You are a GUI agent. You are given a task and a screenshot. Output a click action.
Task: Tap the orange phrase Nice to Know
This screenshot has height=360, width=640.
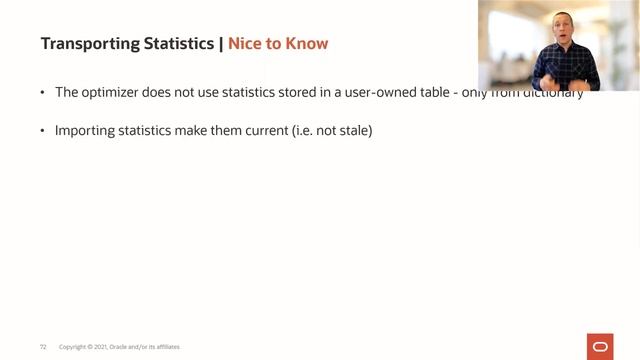point(278,44)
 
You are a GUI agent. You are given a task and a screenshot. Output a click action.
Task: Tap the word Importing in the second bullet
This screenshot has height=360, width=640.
point(83,131)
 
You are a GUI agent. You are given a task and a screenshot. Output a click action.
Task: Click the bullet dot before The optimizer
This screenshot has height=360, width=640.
point(43,93)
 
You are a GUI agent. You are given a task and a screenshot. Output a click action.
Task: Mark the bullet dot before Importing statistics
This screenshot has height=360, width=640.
point(43,131)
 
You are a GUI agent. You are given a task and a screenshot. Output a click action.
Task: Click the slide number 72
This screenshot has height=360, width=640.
point(43,347)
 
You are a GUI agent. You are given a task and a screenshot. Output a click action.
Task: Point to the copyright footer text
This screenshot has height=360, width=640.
point(119,347)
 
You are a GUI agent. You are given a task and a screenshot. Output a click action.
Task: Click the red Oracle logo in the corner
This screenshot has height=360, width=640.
point(601,346)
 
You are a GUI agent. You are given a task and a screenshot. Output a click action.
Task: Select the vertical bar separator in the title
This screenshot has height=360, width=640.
point(220,44)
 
